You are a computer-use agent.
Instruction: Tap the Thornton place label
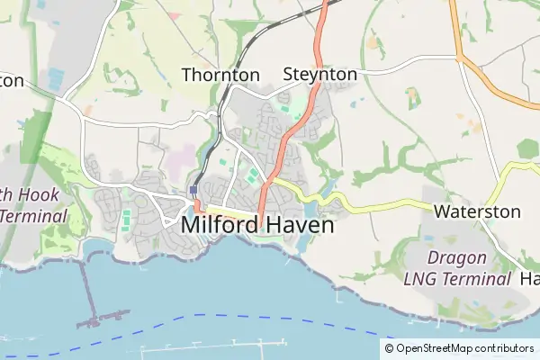[220, 76]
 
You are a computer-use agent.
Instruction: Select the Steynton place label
[319, 74]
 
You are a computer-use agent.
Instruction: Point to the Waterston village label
[477, 212]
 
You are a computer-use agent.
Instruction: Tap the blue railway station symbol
[193, 191]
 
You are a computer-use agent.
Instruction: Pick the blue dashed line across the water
[270, 317]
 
